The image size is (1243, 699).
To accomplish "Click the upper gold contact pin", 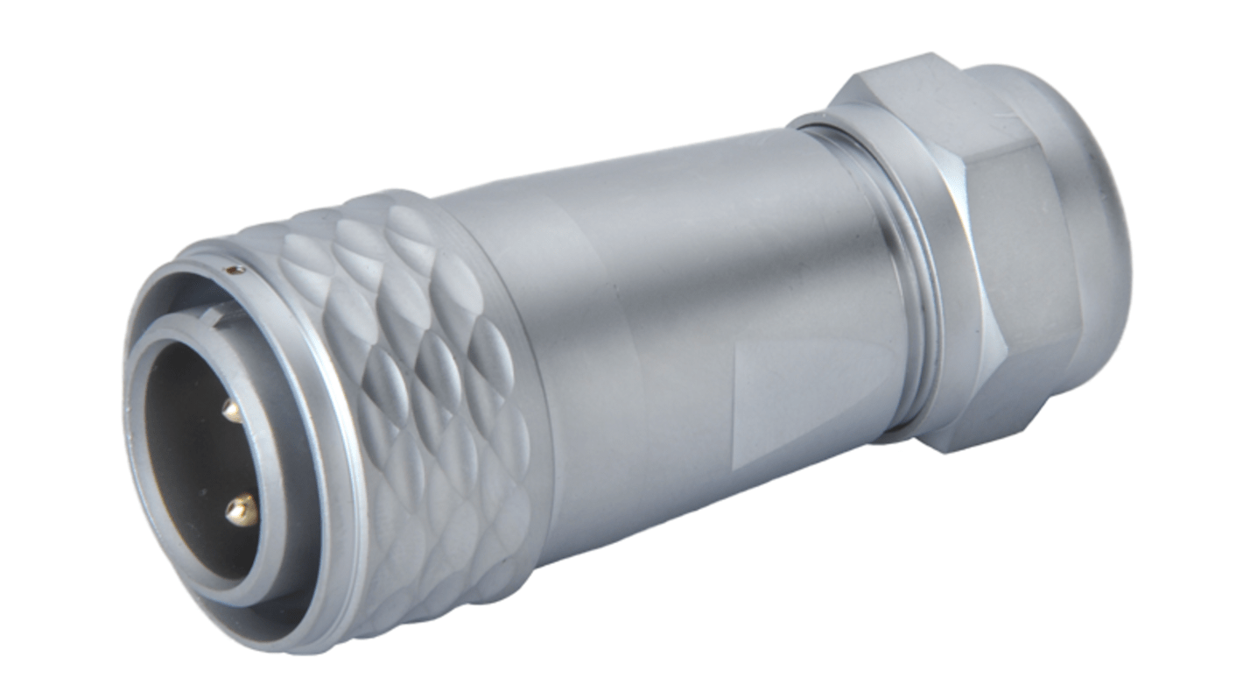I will click(231, 408).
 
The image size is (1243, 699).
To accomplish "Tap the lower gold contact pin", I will click(242, 509).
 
